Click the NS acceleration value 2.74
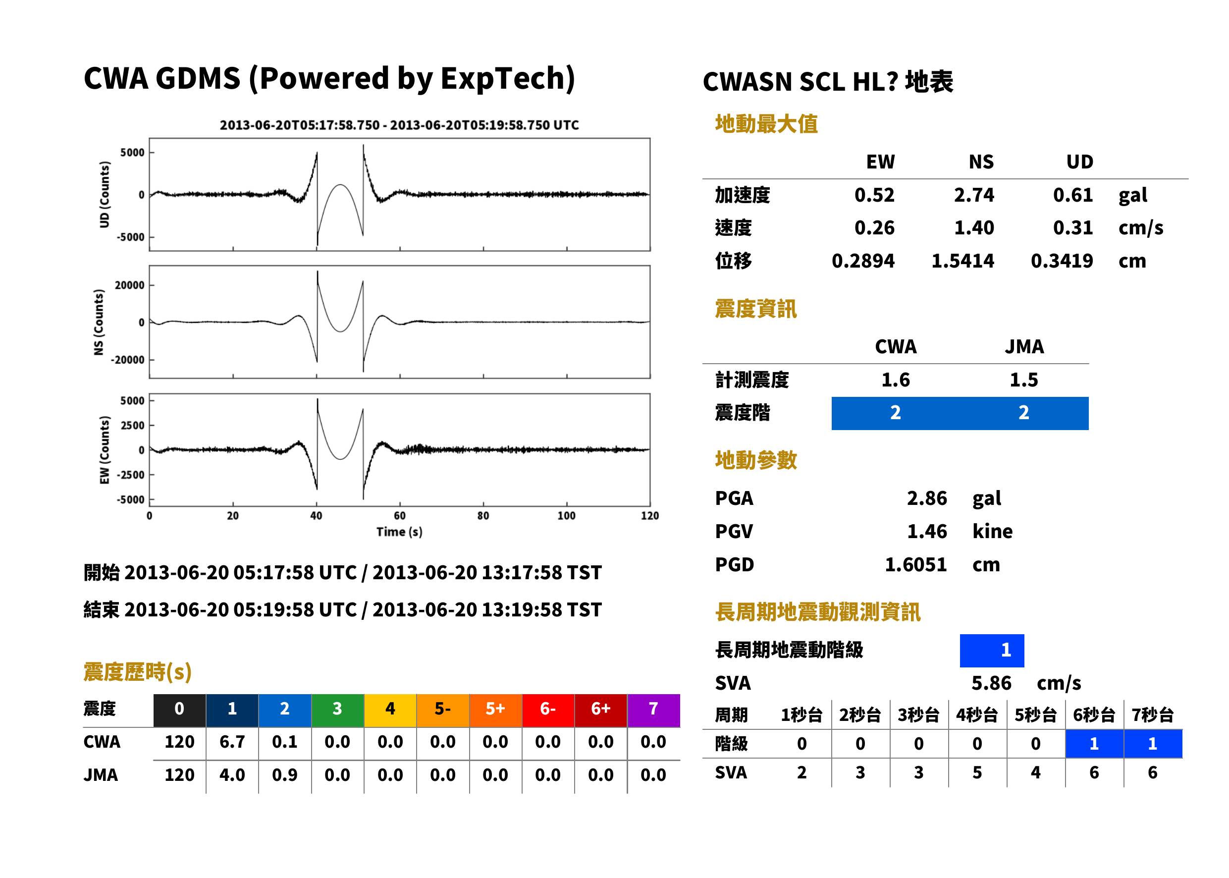[974, 195]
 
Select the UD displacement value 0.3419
[1062, 261]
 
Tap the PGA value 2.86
[927, 498]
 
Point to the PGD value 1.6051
[915, 565]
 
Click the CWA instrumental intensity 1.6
[896, 380]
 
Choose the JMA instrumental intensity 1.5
[1023, 380]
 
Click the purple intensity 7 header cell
[653, 709]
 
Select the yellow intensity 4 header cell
[390, 709]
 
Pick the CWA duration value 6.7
[232, 742]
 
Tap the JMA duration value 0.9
[285, 775]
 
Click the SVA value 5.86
[991, 683]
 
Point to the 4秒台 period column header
[976, 715]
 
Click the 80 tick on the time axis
[483, 516]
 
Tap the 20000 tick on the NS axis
[129, 285]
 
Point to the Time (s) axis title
[399, 532]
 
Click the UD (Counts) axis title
[105, 195]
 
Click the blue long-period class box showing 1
[992, 651]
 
